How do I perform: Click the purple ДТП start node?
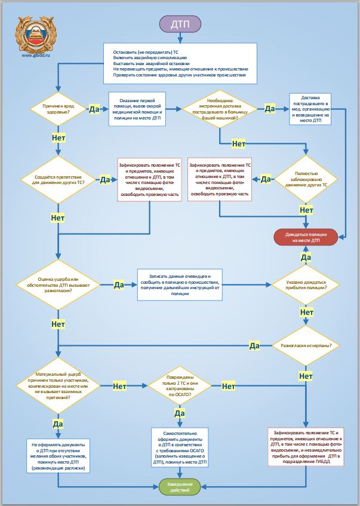tap(180, 24)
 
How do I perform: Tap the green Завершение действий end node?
tap(180, 487)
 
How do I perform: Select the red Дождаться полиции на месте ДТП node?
tap(306, 238)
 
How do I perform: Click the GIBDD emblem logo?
tap(36, 35)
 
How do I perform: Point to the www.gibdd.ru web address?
tap(36, 55)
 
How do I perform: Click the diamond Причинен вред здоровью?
tap(59, 109)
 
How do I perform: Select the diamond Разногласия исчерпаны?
tap(306, 345)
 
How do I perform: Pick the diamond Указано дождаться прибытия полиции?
tap(306, 284)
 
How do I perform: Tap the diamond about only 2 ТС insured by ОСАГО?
tap(180, 385)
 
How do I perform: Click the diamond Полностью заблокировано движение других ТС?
tap(306, 179)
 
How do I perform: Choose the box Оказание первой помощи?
tap(137, 109)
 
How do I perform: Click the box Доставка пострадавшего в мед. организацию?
tap(310, 109)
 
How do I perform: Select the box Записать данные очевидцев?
tap(180, 285)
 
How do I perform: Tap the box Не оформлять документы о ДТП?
tap(59, 456)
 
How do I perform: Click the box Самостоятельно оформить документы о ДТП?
tap(180, 447)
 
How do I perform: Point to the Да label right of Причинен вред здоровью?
tap(94, 109)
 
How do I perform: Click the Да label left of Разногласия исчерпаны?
tap(254, 346)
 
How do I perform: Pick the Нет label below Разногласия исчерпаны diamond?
tap(306, 376)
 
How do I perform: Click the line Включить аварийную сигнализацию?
tap(150, 58)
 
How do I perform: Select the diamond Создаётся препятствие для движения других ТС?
tap(59, 180)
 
